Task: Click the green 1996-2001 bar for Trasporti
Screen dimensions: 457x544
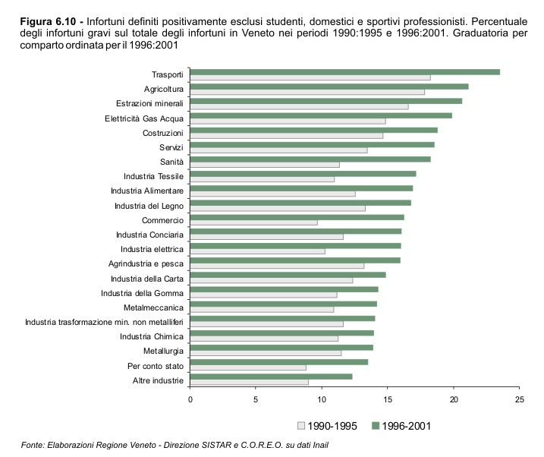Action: [x=344, y=71]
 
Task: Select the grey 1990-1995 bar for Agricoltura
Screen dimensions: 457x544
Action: [x=307, y=92]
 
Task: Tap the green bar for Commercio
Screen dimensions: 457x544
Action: [x=297, y=216]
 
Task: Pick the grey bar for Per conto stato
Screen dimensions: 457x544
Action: [x=248, y=367]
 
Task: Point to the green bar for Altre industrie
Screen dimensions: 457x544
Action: [x=271, y=377]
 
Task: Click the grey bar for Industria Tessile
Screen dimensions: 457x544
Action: [x=262, y=179]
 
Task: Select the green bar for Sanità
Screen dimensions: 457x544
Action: [x=310, y=159]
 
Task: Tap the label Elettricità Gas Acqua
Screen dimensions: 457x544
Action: [x=144, y=118]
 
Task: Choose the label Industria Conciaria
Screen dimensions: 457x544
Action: [x=149, y=235]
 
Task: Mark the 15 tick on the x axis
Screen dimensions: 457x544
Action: [x=388, y=399]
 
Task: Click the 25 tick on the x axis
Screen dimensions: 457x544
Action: [x=519, y=399]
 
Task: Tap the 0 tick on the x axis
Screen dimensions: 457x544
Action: [x=190, y=399]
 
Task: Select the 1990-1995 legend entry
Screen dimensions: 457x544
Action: [x=328, y=426]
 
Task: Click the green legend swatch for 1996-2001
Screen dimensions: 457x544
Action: [x=376, y=426]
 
